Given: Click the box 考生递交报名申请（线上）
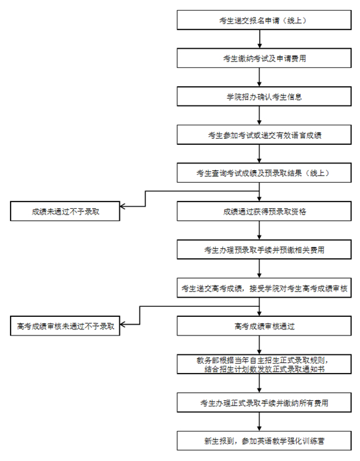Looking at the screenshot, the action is pyautogui.click(x=264, y=20).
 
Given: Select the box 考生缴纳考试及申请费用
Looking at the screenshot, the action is pyautogui.click(x=264, y=58).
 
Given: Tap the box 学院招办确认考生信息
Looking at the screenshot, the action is pyautogui.click(x=264, y=97).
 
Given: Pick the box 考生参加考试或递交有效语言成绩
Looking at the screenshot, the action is pyautogui.click(x=264, y=135).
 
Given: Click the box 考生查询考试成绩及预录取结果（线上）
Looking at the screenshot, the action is pyautogui.click(x=264, y=173).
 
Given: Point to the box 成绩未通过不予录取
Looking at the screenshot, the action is pyautogui.click(x=65, y=211).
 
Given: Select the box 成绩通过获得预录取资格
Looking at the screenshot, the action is pyautogui.click(x=264, y=211).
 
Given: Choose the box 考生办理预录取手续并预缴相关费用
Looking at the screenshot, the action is pyautogui.click(x=264, y=250).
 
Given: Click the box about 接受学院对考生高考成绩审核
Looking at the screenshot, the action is pyautogui.click(x=264, y=288).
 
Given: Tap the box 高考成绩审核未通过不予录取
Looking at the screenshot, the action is pyautogui.click(x=65, y=326).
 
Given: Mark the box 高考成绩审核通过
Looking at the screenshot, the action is pyautogui.click(x=264, y=326).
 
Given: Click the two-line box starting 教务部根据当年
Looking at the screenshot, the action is pyautogui.click(x=264, y=364).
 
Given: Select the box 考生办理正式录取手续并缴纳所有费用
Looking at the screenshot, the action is pyautogui.click(x=264, y=402).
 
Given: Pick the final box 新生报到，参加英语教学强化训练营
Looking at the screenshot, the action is pyautogui.click(x=264, y=440).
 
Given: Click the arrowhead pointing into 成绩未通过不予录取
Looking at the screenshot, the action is pyautogui.click(x=123, y=206).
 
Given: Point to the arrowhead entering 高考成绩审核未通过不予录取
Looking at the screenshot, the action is pyautogui.click(x=123, y=325).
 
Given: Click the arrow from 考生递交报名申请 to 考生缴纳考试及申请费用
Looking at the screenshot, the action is pyautogui.click(x=259, y=39).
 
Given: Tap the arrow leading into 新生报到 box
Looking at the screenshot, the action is pyautogui.click(x=259, y=421).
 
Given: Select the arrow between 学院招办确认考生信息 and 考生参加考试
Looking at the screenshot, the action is pyautogui.click(x=259, y=115).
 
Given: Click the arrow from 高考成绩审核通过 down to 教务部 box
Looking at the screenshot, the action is pyautogui.click(x=259, y=344).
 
